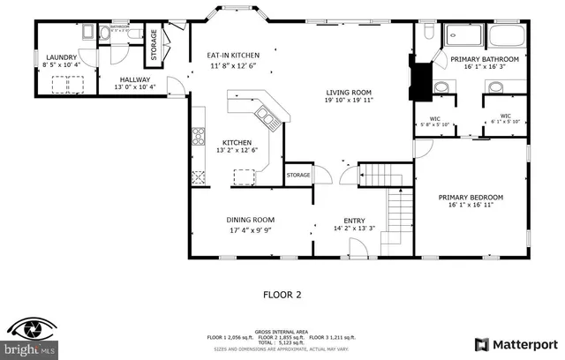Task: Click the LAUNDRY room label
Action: (63, 57)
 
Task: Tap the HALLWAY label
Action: (135, 79)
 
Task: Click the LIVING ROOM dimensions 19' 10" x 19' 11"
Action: (349, 101)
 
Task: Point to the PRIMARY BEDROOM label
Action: (471, 197)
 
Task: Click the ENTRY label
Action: (353, 221)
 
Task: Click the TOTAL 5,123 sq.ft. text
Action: (282, 341)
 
